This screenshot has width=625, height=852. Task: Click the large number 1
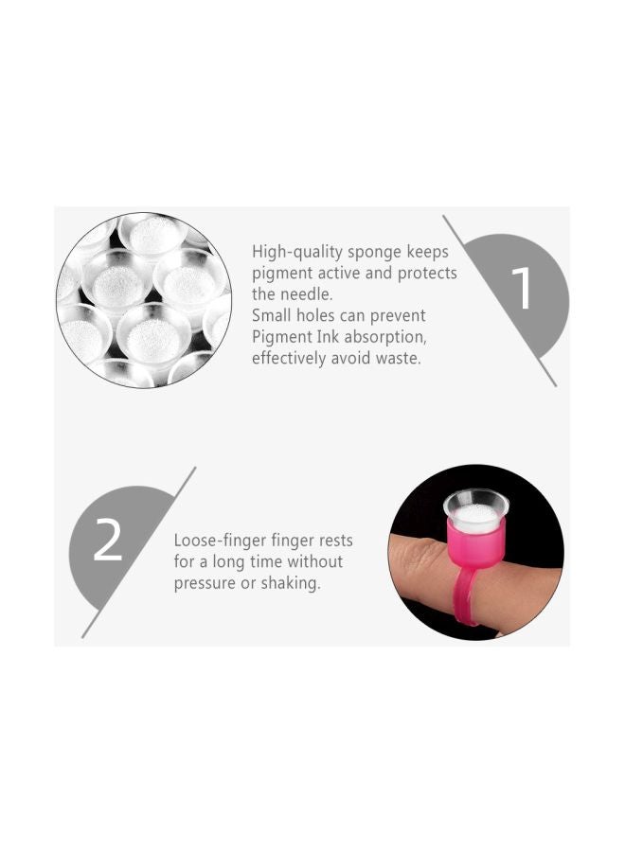click(x=522, y=289)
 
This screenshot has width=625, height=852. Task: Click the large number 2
click(x=108, y=541)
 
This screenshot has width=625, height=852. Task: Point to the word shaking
click(x=287, y=584)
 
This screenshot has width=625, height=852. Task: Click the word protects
click(x=423, y=274)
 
